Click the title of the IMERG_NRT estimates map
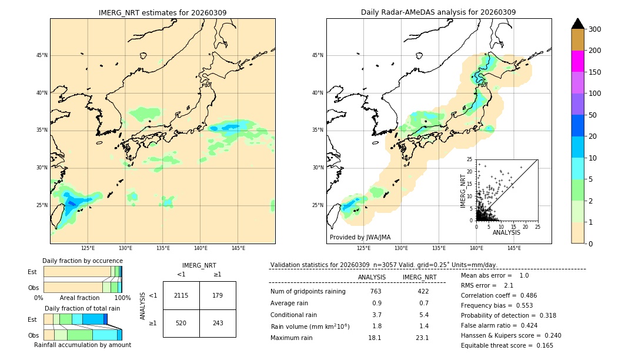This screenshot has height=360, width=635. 162,12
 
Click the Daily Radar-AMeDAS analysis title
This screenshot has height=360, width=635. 439,12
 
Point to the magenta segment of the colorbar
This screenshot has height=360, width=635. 577,61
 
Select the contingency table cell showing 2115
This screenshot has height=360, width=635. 181,295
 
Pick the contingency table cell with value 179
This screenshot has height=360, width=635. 218,295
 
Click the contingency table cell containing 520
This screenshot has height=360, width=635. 181,323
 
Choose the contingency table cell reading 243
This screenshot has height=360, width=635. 218,323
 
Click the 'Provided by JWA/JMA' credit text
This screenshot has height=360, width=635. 360,238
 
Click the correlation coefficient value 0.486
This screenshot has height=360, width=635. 524,295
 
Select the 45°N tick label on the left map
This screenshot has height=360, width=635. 41,55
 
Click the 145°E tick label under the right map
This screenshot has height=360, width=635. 514,248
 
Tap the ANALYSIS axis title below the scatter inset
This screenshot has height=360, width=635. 506,232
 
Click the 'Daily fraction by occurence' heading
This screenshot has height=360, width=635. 82,261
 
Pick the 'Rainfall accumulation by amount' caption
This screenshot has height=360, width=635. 82,345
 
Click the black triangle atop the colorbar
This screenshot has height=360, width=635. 577,24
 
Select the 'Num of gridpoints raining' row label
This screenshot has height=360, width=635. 308,292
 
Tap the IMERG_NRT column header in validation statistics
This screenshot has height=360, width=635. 420,277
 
